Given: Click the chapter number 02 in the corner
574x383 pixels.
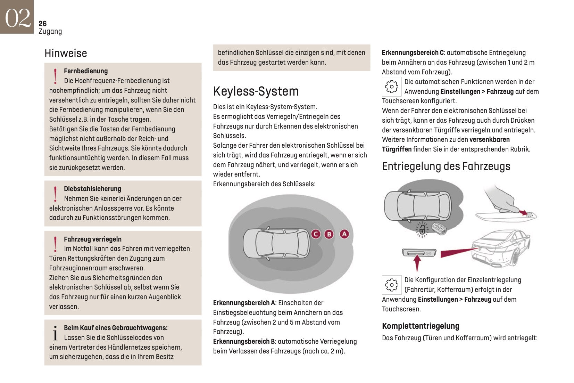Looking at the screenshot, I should click(17, 17).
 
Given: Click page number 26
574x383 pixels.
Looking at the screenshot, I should click(42, 23).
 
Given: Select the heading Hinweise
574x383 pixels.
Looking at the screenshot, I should click(66, 53).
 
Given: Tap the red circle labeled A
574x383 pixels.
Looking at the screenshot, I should click(344, 234).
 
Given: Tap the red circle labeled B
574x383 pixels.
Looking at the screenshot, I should click(329, 234).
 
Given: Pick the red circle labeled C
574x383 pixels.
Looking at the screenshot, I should click(316, 234).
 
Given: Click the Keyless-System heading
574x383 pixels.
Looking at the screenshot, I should click(256, 91).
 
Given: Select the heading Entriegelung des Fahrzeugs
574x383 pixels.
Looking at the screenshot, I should click(446, 166).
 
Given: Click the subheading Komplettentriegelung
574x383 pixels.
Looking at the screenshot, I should click(420, 326).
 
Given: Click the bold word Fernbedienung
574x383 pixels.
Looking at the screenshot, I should click(86, 71).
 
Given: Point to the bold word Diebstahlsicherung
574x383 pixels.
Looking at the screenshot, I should click(92, 189).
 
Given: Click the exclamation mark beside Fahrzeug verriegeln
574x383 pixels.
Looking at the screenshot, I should click(55, 244).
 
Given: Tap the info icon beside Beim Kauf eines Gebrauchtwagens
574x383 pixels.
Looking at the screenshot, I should click(55, 333).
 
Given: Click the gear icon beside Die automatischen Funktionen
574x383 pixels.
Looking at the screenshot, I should click(392, 87).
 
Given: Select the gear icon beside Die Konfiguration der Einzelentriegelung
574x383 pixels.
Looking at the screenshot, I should click(392, 285).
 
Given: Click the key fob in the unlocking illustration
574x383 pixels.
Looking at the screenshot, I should click(439, 228).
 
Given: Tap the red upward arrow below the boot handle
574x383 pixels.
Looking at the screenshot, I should click(417, 263).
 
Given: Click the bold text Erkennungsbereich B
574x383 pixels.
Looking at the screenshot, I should click(244, 341).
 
